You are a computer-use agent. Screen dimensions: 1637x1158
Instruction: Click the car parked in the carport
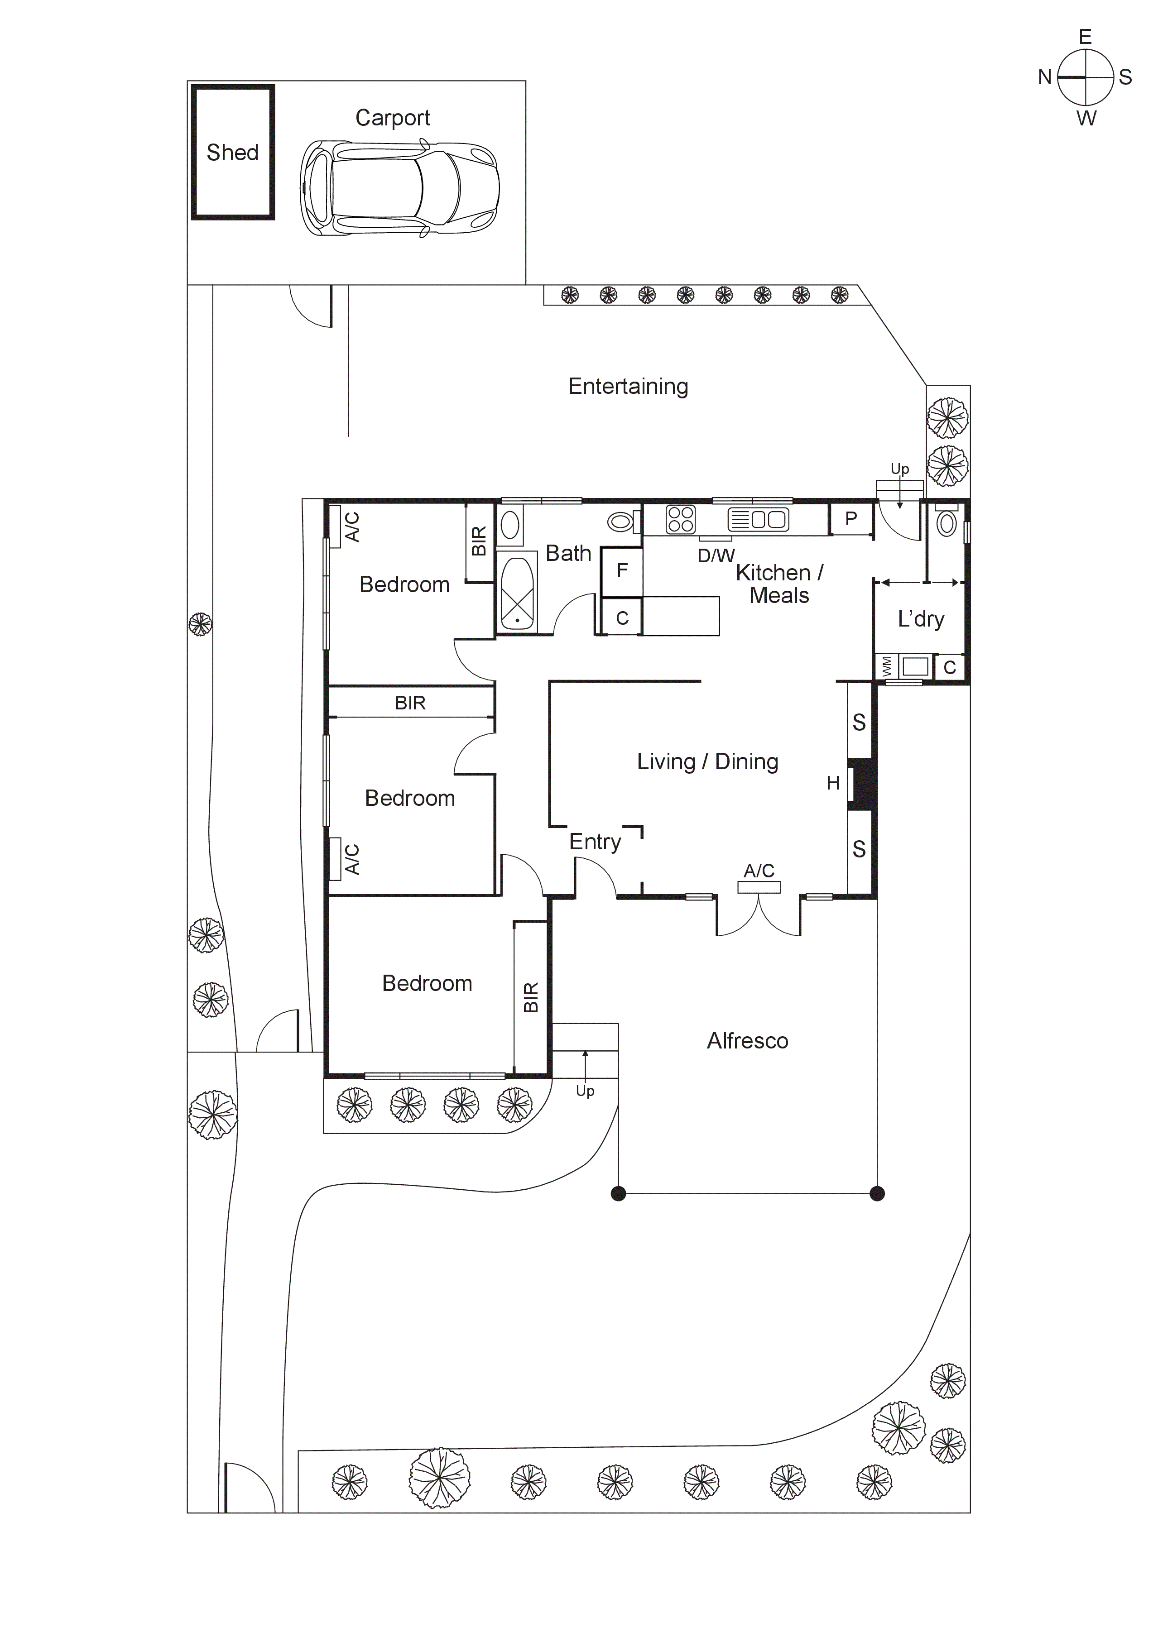pos(399,188)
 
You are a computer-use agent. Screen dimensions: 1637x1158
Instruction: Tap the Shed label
pos(232,153)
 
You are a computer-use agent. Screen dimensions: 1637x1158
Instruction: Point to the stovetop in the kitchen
pos(680,520)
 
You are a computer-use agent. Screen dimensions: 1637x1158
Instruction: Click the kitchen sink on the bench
pos(758,519)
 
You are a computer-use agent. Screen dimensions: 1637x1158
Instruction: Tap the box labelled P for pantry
pos(850,519)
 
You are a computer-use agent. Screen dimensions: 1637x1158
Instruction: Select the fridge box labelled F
pos(622,570)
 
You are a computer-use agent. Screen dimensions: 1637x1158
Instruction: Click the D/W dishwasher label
pos(716,555)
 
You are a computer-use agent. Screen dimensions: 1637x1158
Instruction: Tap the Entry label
pos(595,842)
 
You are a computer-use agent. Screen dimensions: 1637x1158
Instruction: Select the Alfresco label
pos(747,1041)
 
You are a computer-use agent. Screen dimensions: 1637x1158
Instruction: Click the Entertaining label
pos(628,387)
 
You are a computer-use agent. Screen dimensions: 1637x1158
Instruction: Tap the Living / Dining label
pos(707,761)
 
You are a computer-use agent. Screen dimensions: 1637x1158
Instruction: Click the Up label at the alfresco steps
pos(585,1091)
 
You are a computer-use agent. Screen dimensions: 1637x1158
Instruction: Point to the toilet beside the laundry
pos(946,523)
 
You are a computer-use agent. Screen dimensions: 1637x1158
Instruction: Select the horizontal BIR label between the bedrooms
pos(410,703)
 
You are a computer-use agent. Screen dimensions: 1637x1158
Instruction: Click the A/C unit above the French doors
pos(759,887)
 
